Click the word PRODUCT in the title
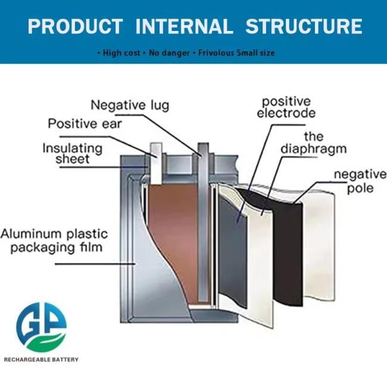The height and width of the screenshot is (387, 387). tap(75, 26)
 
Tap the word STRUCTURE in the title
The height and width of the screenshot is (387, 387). tap(304, 26)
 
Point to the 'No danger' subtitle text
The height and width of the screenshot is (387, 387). tap(168, 53)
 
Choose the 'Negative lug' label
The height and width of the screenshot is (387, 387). tap(130, 105)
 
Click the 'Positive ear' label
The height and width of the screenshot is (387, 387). tap(85, 124)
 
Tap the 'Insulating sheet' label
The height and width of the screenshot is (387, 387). tap(72, 153)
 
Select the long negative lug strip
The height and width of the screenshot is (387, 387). tap(204, 226)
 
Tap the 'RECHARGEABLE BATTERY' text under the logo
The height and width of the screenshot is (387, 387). tap(41, 359)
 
